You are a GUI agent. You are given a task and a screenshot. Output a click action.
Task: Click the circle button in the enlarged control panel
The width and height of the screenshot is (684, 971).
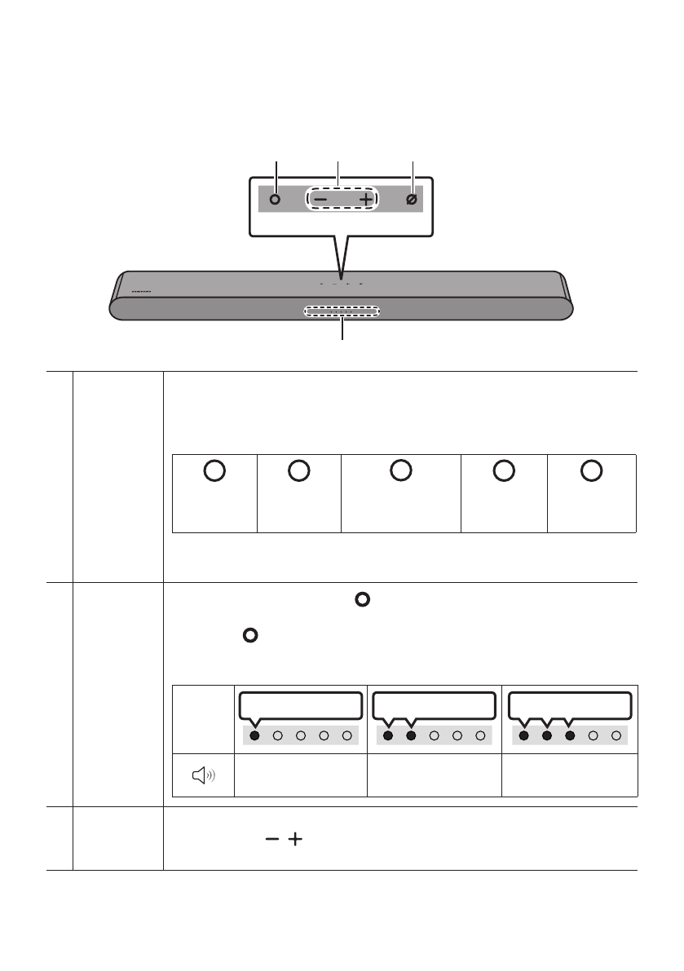[276, 199]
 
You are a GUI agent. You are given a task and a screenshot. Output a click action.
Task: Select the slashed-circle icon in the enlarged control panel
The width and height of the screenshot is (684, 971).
[413, 199]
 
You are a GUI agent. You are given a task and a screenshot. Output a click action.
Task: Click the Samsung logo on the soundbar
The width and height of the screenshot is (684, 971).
[142, 289]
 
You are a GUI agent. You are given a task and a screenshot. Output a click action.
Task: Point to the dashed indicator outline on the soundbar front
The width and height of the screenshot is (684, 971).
[342, 311]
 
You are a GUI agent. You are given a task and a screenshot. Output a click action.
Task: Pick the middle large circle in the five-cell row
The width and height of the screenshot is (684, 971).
[399, 470]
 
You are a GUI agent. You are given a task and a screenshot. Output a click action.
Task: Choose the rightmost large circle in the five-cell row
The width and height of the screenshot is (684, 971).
[592, 470]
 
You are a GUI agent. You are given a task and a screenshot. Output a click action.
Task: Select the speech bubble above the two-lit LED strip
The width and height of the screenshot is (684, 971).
[432, 704]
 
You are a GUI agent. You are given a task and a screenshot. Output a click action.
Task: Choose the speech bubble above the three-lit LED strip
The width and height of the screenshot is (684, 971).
[570, 704]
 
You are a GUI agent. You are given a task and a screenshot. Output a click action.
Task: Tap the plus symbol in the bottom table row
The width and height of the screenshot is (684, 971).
[289, 839]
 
